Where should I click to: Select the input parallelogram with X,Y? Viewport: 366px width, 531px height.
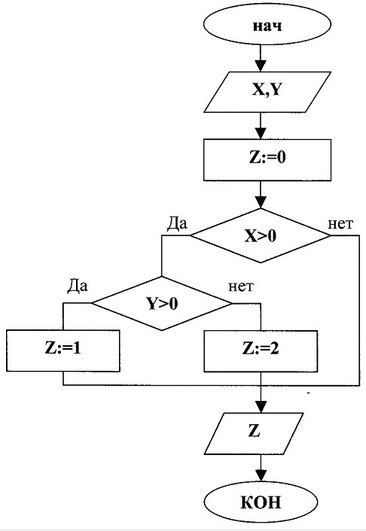coord(267,92)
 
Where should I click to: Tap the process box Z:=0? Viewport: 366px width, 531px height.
coord(267,159)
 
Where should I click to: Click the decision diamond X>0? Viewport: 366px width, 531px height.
coord(260,235)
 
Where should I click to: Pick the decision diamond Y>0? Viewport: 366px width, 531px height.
coord(162,303)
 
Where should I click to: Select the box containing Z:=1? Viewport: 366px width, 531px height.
coord(63,350)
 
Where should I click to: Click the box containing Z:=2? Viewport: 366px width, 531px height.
coord(261,351)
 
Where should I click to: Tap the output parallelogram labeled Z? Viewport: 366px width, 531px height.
coord(254,433)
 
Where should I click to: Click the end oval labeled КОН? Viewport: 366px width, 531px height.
coord(261,502)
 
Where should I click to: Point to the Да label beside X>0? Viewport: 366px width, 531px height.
coord(177,223)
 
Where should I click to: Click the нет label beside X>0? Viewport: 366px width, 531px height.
coord(340,224)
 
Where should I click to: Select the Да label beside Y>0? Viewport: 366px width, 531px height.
coord(78,286)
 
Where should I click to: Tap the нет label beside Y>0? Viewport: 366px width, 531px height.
coord(241,287)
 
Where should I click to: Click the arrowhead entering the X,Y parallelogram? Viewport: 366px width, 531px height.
coord(261,66)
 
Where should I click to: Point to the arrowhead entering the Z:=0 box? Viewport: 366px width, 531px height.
coord(261,133)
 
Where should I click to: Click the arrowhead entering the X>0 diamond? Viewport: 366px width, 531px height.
coord(261,202)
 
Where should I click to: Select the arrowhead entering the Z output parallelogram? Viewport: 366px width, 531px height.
coord(261,408)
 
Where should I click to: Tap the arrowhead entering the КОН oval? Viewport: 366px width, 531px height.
coord(261,476)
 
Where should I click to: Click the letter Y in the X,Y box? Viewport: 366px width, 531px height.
coord(276,90)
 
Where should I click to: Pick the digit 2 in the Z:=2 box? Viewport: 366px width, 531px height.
coord(273,348)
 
